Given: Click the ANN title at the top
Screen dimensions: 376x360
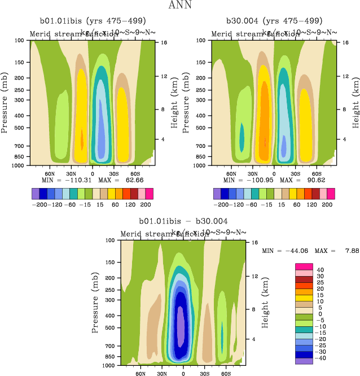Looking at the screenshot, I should click(x=179, y=6).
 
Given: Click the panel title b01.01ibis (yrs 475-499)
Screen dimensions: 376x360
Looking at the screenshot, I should click(x=92, y=21).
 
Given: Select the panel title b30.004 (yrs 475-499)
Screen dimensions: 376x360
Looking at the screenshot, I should click(x=274, y=21).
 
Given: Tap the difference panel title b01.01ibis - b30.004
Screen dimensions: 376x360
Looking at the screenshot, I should click(x=183, y=221).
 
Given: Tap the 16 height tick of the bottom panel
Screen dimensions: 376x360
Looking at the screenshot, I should click(x=253, y=242).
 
